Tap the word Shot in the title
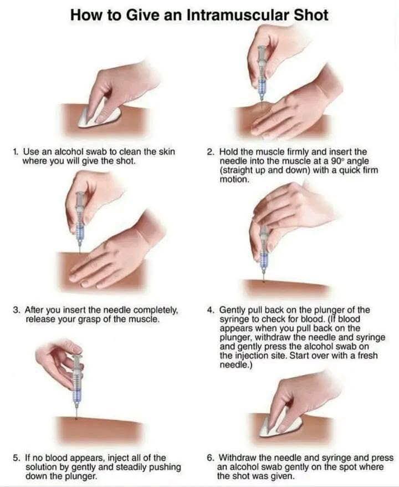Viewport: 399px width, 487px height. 310,14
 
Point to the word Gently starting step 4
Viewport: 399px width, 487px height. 234,310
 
